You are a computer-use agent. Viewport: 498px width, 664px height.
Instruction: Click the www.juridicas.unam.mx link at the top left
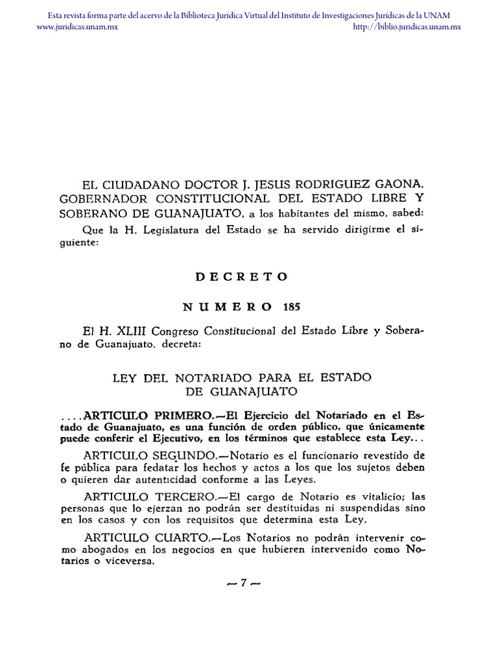tap(77, 27)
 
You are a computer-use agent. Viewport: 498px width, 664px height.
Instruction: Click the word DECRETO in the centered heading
tap(241, 276)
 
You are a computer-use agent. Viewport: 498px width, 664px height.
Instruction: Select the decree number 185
tap(292, 307)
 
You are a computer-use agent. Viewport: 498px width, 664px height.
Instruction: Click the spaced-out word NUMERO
tap(228, 307)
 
